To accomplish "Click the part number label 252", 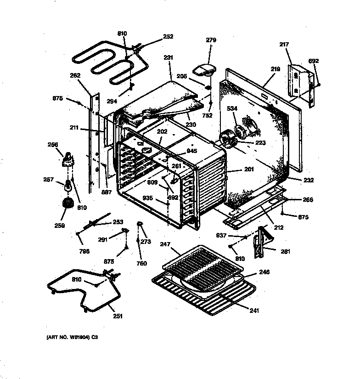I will (x=168, y=37).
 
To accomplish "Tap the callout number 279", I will (x=211, y=40).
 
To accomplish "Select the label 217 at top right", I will (x=284, y=45).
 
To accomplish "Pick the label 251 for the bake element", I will (x=118, y=316).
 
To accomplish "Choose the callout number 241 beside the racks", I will (x=254, y=311).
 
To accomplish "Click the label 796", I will (x=84, y=251).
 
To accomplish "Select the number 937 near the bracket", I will (x=221, y=236).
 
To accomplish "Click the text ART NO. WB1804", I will (x=72, y=338).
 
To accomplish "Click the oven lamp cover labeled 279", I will (x=204, y=69).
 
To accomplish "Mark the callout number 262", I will (x=75, y=75).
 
